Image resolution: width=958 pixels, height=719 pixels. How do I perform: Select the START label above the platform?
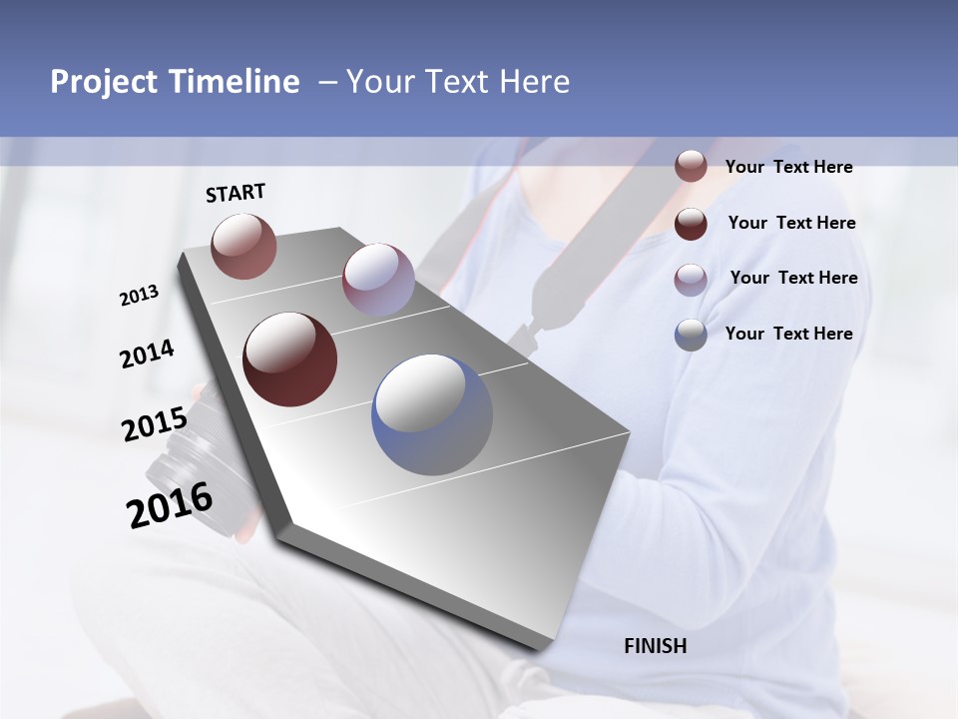236,193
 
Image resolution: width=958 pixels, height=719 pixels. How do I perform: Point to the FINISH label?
656,646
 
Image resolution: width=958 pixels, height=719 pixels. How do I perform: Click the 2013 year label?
140,295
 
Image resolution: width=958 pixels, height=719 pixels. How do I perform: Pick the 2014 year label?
147,355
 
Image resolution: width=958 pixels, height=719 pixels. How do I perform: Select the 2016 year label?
170,505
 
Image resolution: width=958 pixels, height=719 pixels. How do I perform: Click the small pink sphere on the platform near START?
244,246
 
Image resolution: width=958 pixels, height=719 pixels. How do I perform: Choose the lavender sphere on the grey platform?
378,279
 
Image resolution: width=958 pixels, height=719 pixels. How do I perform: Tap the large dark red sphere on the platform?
290,359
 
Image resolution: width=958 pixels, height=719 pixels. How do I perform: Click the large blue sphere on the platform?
432,414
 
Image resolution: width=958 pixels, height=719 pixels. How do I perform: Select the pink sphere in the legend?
691,167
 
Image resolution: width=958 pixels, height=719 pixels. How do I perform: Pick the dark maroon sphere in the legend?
691,224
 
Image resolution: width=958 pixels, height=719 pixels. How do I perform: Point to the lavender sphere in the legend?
691,279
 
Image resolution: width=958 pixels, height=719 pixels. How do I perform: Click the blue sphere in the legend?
691,335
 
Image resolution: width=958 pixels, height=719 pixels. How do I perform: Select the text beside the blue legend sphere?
788,334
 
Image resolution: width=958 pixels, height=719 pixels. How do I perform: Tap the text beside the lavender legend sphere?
793,278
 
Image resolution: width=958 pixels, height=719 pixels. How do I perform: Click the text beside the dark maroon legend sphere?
791,223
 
